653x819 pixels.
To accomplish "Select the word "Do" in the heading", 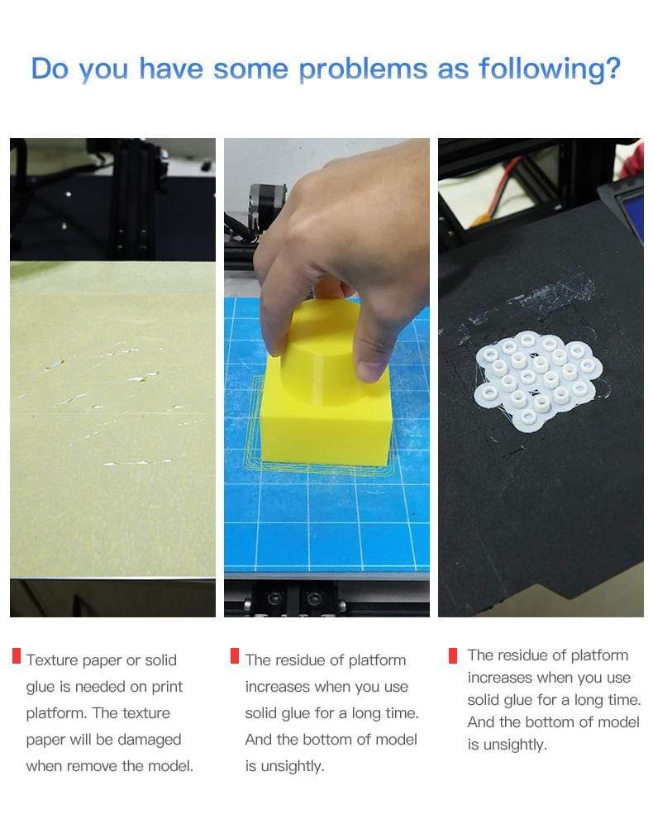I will pos(50,69).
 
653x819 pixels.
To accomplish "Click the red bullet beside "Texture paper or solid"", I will pos(17,658).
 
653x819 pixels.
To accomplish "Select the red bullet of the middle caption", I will pos(235,657).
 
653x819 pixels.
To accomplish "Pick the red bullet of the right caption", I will pos(452,656).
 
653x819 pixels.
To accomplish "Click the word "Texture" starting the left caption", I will pos(51,660).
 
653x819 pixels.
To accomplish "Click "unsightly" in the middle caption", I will pos(285,766).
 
